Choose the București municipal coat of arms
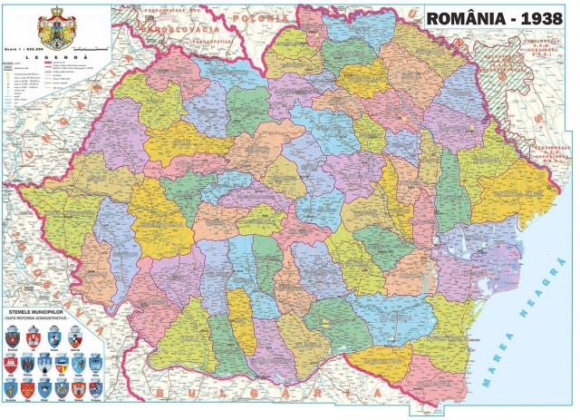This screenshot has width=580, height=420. tap(13, 338)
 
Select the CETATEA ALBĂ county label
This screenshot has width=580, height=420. tap(507, 193)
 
